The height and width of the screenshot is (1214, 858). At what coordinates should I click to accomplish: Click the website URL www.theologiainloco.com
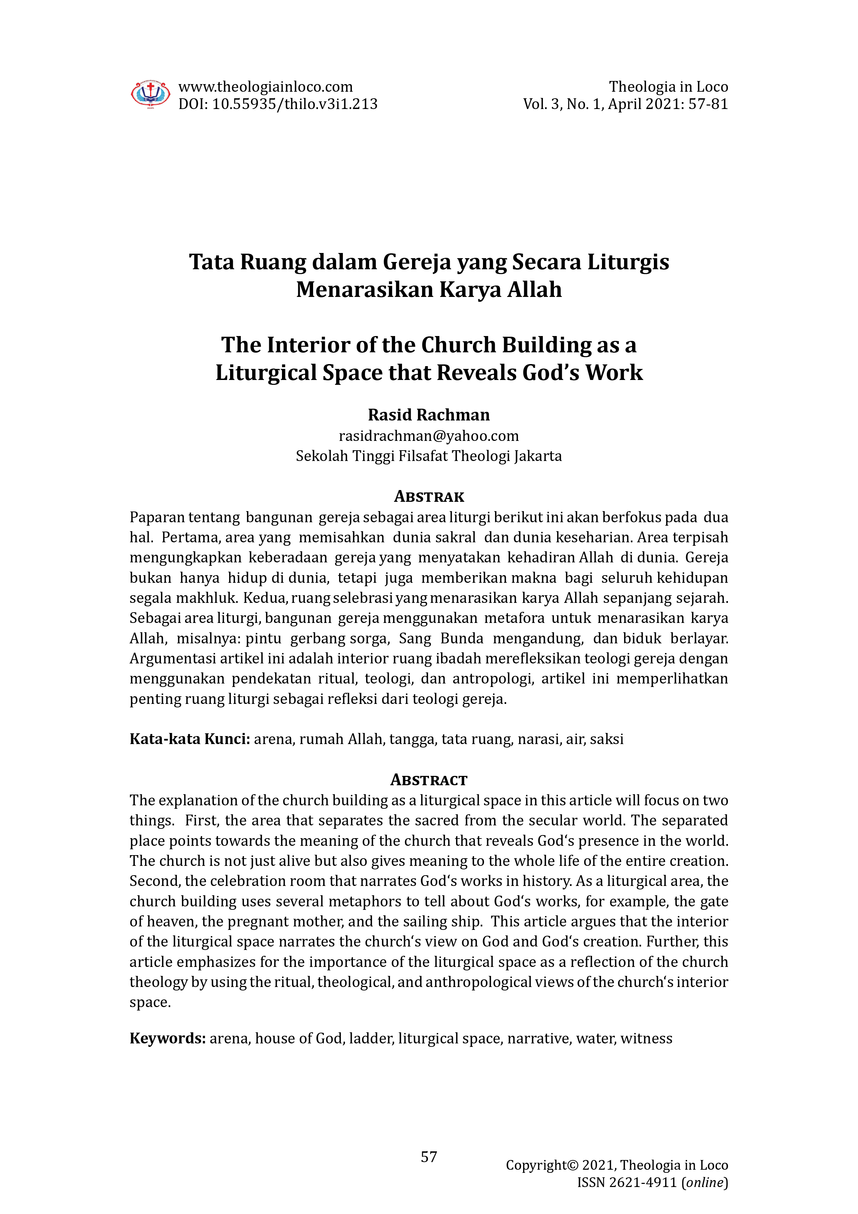pyautogui.click(x=265, y=87)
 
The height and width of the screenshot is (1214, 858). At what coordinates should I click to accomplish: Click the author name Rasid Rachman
pyautogui.click(x=429, y=415)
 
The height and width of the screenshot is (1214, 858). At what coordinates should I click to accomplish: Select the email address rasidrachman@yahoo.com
pyautogui.click(x=429, y=436)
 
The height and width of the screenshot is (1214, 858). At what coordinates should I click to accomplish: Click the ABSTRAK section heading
pyautogui.click(x=429, y=497)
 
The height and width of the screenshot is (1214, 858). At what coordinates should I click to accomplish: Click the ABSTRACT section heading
pyautogui.click(x=429, y=780)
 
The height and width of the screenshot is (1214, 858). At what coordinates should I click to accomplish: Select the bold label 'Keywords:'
pyautogui.click(x=167, y=1039)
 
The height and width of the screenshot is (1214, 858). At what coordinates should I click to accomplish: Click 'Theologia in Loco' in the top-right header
pyautogui.click(x=668, y=87)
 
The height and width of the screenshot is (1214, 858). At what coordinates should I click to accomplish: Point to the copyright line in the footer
pyautogui.click(x=617, y=1165)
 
